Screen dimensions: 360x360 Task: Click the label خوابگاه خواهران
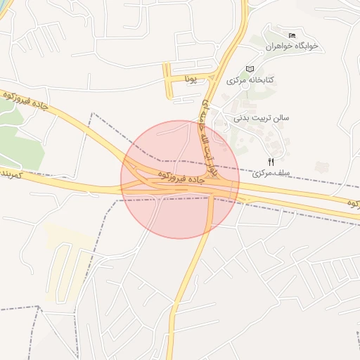click(292, 46)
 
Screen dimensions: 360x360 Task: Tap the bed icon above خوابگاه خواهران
click(292, 35)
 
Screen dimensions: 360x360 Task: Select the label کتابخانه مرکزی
click(250, 81)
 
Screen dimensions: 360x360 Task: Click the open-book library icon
click(250, 69)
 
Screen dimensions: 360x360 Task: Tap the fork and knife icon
click(271, 162)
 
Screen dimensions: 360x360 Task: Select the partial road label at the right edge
click(352, 202)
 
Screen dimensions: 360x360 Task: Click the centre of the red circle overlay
click(180, 179)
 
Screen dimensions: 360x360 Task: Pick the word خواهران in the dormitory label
click(279, 46)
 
